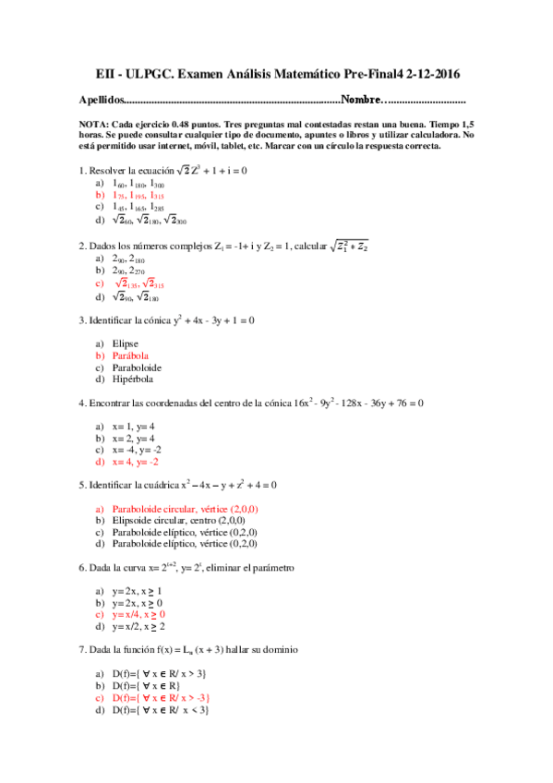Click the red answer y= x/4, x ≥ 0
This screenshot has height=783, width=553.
pyautogui.click(x=138, y=615)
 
